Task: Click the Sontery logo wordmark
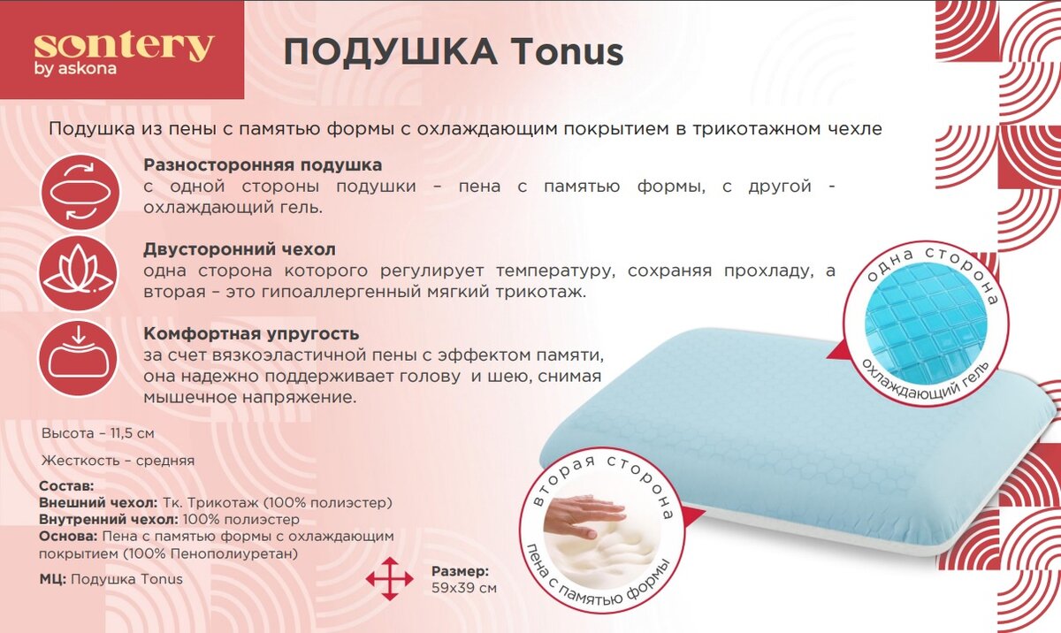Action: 124,47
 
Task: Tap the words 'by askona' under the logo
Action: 75,69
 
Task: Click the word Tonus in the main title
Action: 568,52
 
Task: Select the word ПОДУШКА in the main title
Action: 390,53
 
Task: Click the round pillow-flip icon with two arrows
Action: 80,193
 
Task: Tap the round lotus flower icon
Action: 79,275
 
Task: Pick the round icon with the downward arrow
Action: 78,358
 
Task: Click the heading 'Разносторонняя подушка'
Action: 263,165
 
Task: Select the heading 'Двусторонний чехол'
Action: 240,249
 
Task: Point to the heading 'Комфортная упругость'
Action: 251,334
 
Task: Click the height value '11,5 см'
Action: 133,434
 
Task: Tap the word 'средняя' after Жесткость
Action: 165,461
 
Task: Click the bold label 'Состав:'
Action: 67,486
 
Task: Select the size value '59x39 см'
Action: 464,589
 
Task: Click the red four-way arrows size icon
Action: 389,578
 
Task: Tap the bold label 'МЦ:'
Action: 52,579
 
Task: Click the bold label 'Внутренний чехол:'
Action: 109,519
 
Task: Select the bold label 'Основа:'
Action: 68,537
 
